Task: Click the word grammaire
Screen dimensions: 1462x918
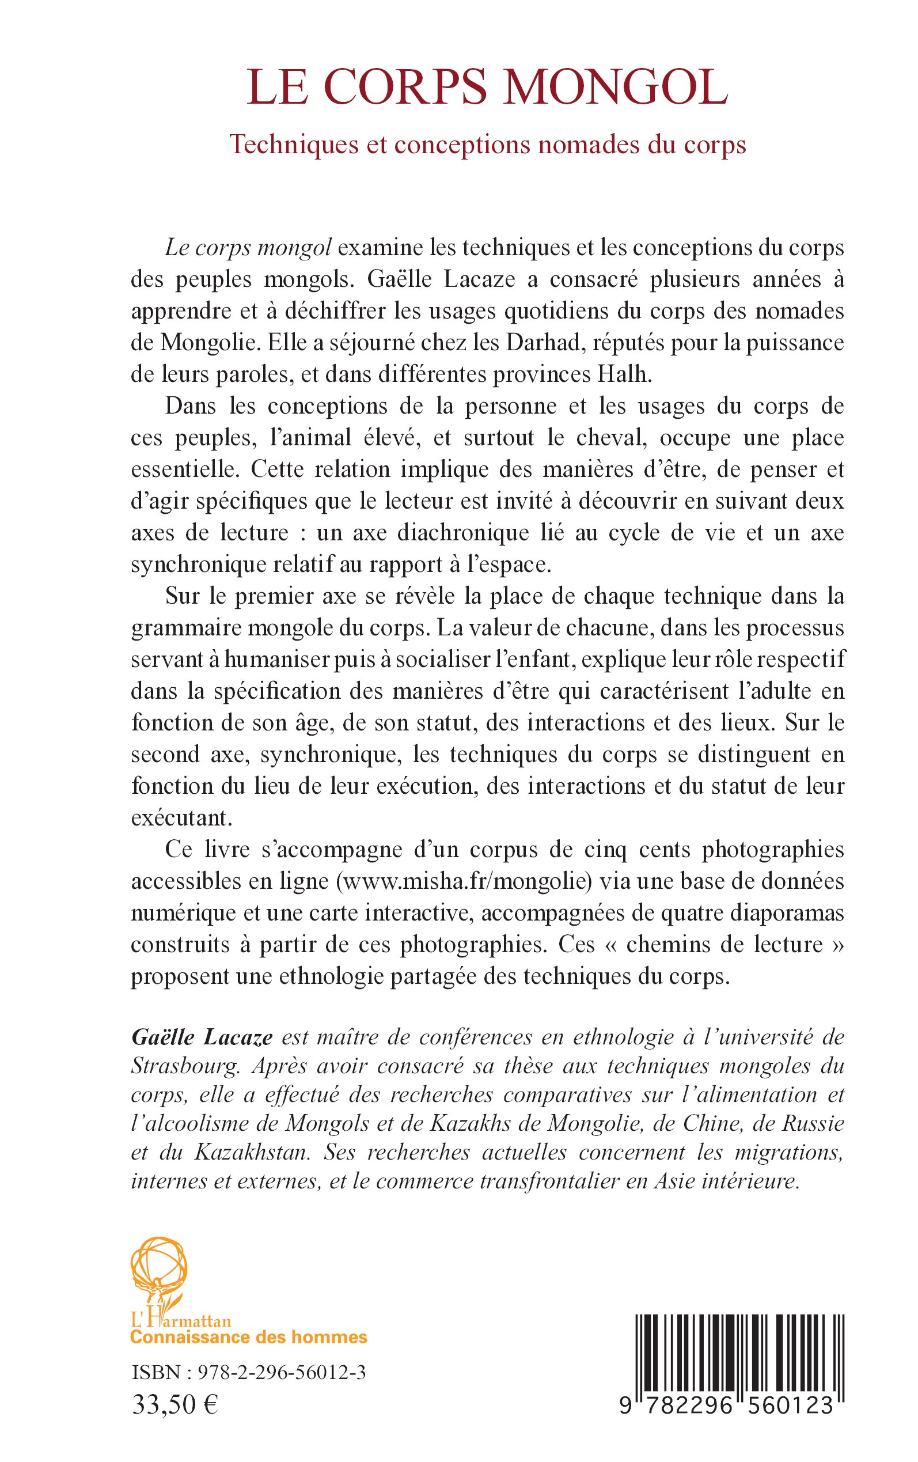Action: click(x=181, y=628)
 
